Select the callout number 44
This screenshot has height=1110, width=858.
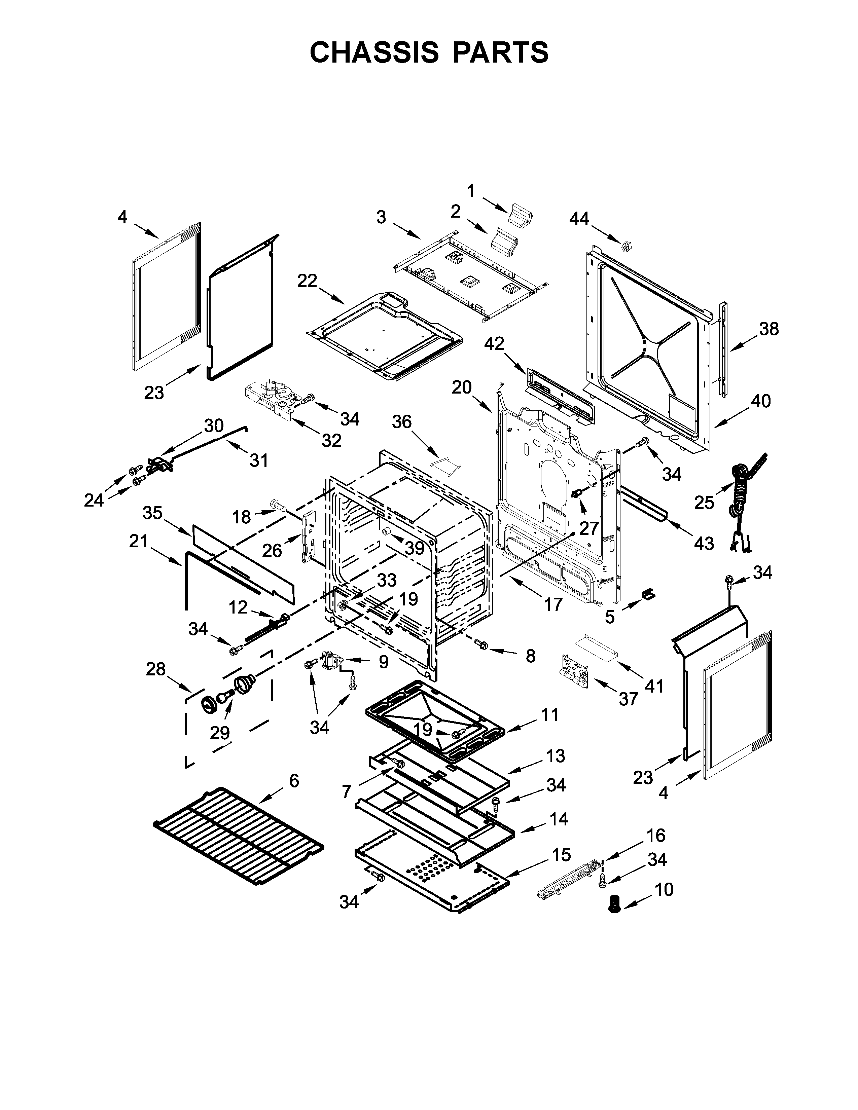pos(579,219)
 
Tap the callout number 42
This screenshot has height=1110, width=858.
pos(494,344)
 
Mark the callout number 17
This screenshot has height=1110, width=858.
pos(553,604)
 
